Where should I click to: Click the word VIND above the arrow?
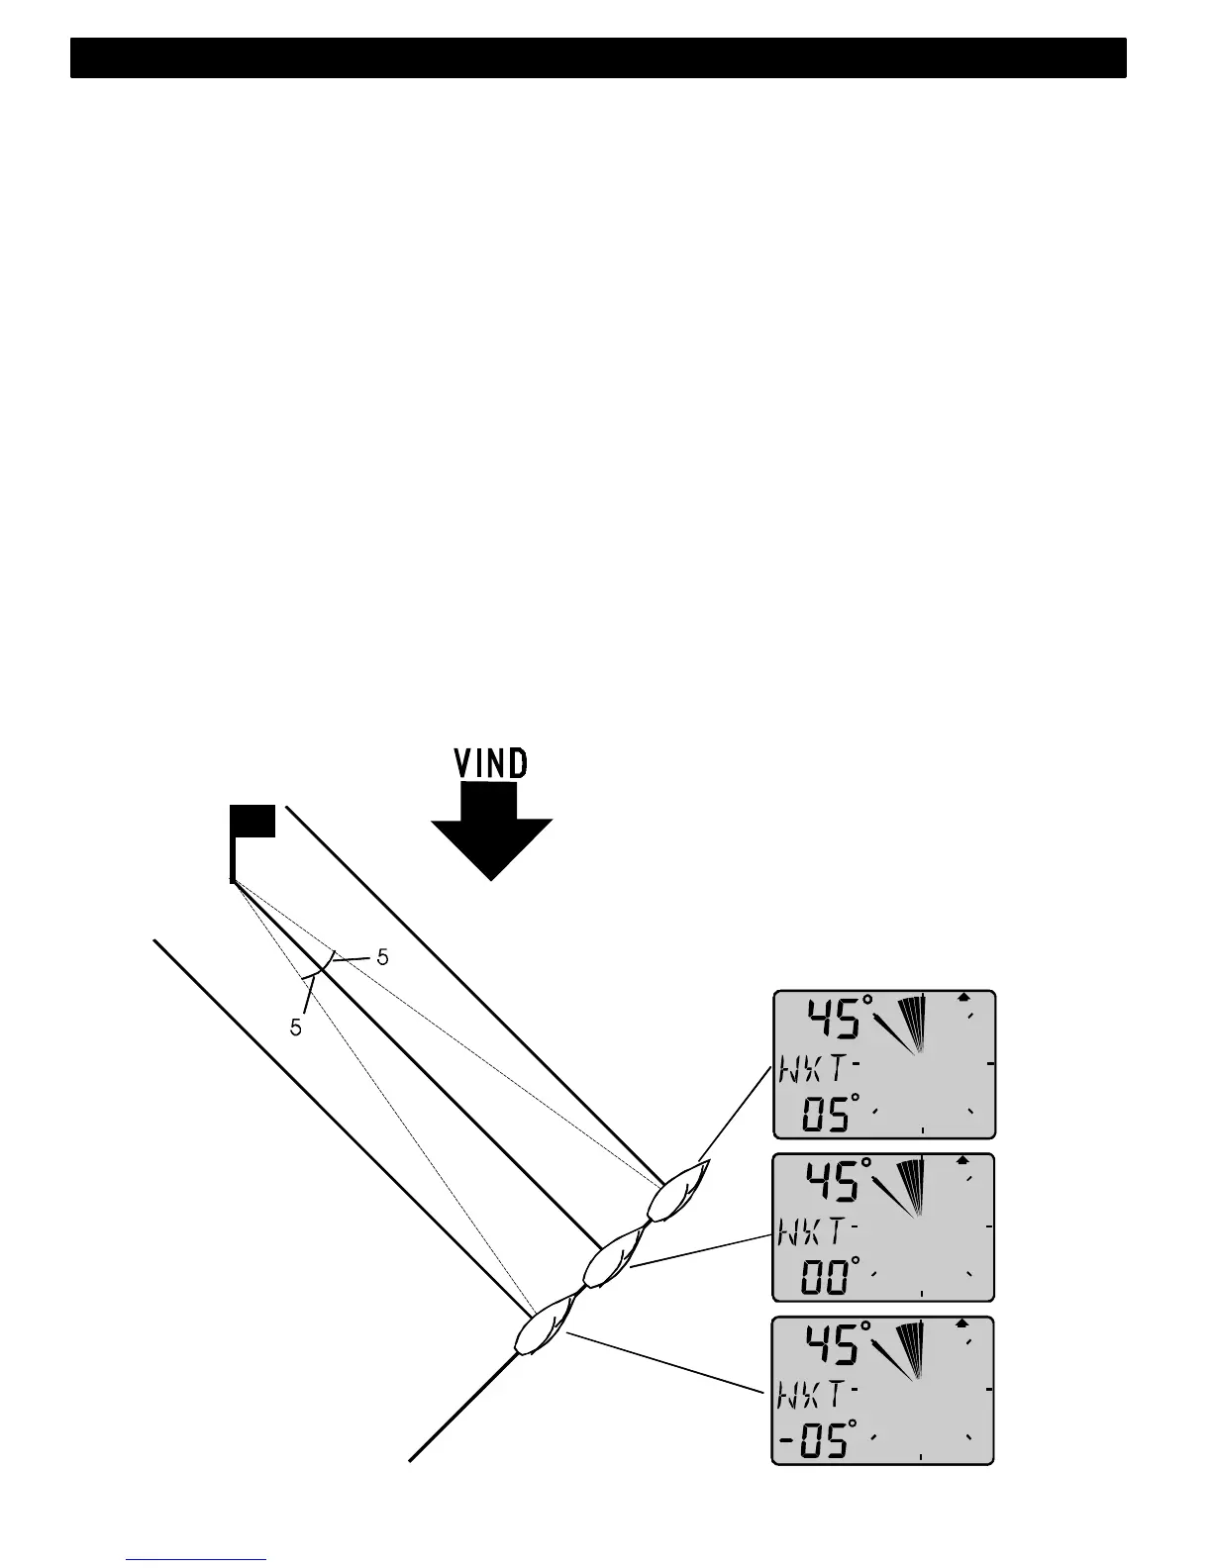pos(491,763)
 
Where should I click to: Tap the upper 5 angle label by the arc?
pos(382,957)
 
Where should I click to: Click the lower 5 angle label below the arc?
pos(295,1029)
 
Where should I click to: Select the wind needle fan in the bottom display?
pos(906,1352)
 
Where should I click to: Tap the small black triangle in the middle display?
pos(961,1158)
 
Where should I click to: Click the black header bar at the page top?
pos(598,58)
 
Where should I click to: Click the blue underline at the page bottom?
pos(197,1559)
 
